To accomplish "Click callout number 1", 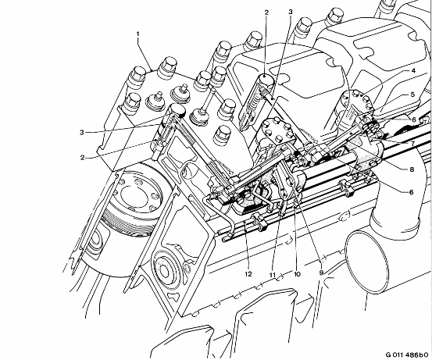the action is tap(137, 34).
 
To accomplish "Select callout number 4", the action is tap(413, 71).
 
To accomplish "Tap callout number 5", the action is tap(412, 94).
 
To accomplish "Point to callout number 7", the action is tap(412, 144).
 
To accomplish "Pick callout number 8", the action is tap(412, 169).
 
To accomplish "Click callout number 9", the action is tap(321, 273).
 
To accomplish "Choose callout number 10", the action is tap(297, 274).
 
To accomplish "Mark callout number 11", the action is tap(273, 275).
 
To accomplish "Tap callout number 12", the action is tap(248, 274).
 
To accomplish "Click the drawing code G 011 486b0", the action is tap(407, 355).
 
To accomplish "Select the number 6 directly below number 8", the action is tap(412, 192).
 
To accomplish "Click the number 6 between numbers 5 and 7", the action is tap(414, 119).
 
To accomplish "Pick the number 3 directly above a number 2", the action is tap(82, 132).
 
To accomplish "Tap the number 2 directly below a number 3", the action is tap(82, 158).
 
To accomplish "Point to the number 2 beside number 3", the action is tap(266, 12).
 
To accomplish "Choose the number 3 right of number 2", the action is tap(291, 12).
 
